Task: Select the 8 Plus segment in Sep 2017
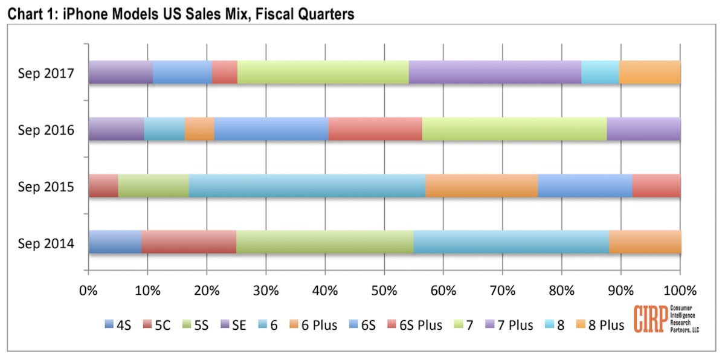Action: click(649, 72)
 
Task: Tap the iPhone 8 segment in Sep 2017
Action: click(600, 72)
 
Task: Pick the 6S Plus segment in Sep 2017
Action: click(225, 72)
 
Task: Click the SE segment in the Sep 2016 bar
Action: click(117, 129)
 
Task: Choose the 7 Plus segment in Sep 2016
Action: click(643, 129)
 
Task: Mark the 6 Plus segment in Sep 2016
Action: click(199, 129)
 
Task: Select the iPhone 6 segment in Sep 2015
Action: click(307, 185)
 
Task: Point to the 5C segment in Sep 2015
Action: click(103, 185)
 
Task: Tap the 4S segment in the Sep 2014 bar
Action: click(115, 242)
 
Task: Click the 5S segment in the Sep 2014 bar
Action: click(324, 242)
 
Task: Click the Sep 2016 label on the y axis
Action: click(46, 130)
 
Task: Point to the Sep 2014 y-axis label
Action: click(46, 244)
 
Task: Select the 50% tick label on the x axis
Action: click(384, 288)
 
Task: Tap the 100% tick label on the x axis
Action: click(680, 288)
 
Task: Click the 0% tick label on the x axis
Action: click(89, 288)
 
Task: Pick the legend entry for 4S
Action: click(120, 325)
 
